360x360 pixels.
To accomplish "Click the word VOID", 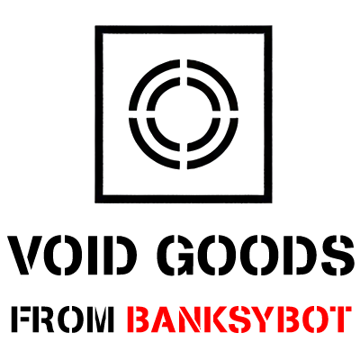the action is (72, 256).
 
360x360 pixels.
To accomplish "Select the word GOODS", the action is (259, 256).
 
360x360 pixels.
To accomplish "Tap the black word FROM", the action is (61, 319).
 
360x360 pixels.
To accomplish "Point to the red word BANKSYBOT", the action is (239, 319).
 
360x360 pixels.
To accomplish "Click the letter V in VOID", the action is (25, 256).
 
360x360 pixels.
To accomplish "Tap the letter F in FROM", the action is (20, 319).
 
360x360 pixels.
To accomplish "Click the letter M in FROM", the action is (98, 319).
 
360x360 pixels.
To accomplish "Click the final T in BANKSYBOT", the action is (340, 319).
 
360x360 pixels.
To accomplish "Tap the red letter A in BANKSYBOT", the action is (163, 319).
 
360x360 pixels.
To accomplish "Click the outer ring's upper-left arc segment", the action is (146, 76).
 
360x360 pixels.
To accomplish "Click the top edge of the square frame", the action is (184, 30).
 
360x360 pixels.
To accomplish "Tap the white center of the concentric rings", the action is (184, 114).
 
